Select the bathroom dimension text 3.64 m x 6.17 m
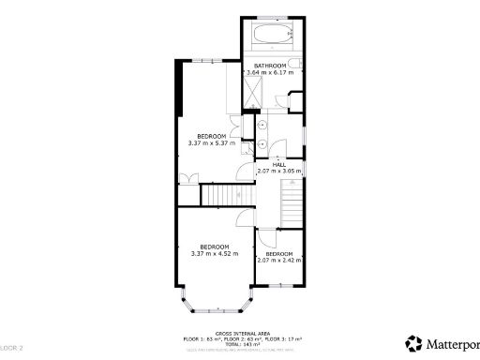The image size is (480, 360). pyautogui.click(x=270, y=72)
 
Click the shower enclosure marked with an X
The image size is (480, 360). pyautogui.click(x=253, y=93)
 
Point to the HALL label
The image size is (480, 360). pyautogui.click(x=278, y=164)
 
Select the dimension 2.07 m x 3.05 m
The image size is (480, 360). pyautogui.click(x=278, y=172)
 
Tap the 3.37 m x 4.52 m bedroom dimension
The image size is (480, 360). pyautogui.click(x=215, y=253)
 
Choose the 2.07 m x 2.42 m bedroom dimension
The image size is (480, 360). pyautogui.click(x=278, y=260)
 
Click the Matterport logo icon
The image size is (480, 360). pyautogui.click(x=412, y=342)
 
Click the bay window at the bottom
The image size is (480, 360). pyautogui.click(x=215, y=305)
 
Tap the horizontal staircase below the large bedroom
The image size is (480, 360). pyautogui.click(x=222, y=195)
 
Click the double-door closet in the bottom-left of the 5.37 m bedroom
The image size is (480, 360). pyautogui.click(x=188, y=178)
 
